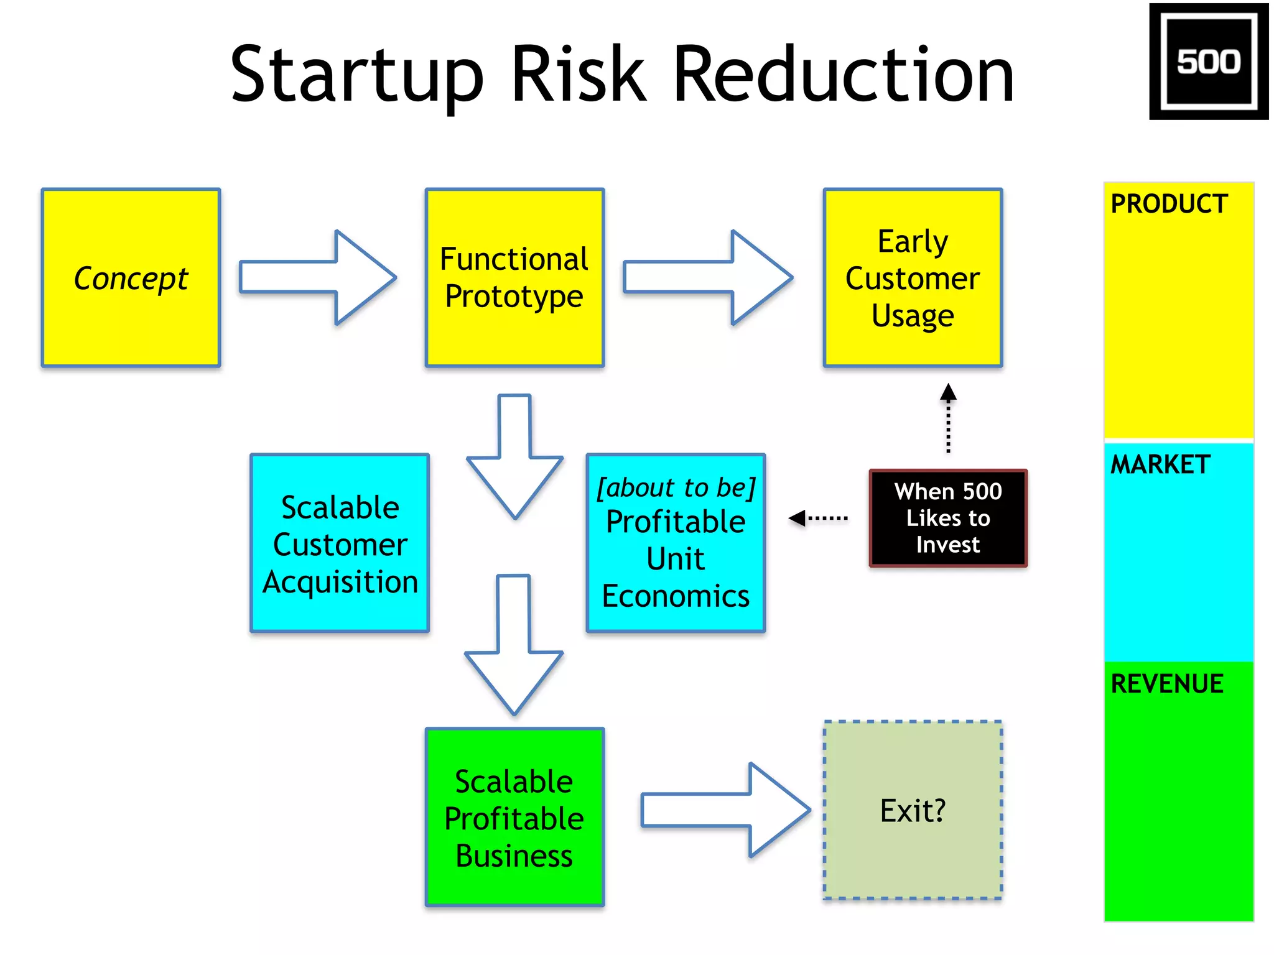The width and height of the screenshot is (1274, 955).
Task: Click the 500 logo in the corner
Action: point(1208,62)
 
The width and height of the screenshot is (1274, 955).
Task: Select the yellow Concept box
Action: point(131,278)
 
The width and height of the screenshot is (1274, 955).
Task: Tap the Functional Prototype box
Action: point(514,278)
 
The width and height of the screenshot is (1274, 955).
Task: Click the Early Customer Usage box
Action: point(913,278)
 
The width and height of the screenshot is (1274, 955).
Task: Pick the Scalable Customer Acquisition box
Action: point(340,543)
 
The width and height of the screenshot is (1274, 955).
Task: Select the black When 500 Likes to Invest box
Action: point(948,518)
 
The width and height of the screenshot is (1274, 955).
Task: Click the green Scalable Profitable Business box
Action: point(514,817)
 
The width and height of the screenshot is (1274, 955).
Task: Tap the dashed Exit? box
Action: point(913,810)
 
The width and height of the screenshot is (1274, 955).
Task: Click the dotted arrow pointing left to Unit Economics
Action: point(818,518)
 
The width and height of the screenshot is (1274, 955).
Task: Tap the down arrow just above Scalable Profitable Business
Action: point(514,647)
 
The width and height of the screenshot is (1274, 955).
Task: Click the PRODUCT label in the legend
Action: point(1169,204)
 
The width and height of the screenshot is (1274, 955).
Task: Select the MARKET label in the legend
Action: point(1160,464)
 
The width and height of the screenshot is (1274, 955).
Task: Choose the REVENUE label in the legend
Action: point(1167,684)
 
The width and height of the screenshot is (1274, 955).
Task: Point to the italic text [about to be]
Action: point(676,488)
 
